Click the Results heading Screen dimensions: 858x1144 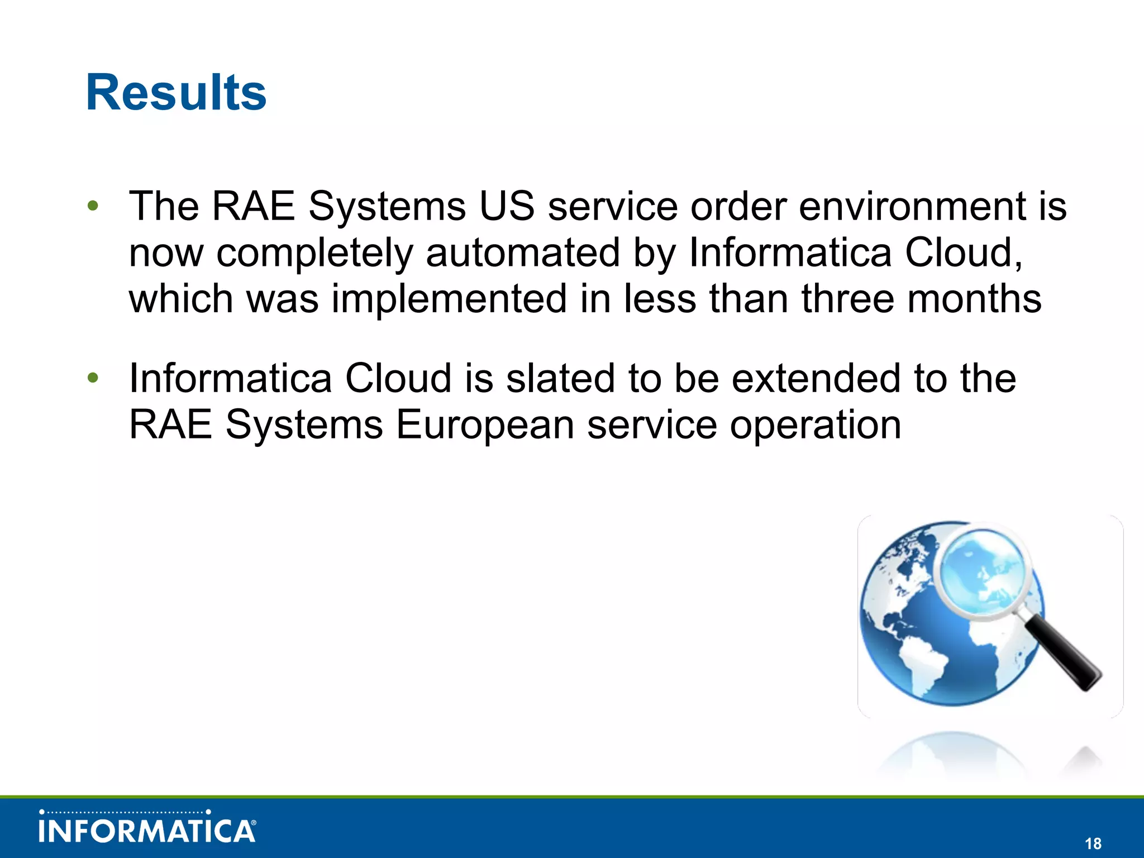click(x=176, y=93)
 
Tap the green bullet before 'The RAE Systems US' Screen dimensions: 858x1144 click(x=93, y=206)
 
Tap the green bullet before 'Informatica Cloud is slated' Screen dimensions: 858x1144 click(x=93, y=378)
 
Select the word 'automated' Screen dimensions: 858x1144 click(x=523, y=252)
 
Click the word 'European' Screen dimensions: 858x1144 click(x=485, y=425)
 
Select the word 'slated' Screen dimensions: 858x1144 click(x=560, y=378)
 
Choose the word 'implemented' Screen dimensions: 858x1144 click(x=450, y=299)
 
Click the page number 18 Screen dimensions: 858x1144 click(x=1093, y=843)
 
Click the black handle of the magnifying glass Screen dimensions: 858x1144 click(x=1064, y=654)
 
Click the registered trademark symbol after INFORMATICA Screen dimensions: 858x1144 click(x=254, y=823)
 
